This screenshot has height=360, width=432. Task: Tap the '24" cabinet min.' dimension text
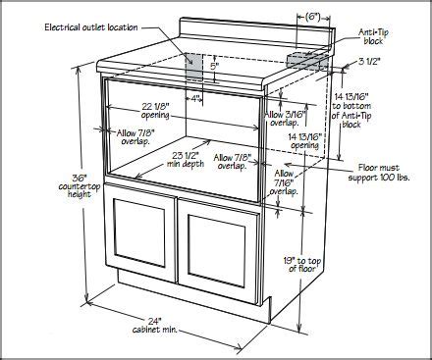click(x=153, y=326)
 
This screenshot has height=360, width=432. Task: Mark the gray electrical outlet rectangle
click(x=195, y=68)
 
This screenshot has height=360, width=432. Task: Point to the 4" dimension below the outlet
click(x=196, y=98)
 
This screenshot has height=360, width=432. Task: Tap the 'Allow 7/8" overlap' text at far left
click(x=123, y=136)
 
